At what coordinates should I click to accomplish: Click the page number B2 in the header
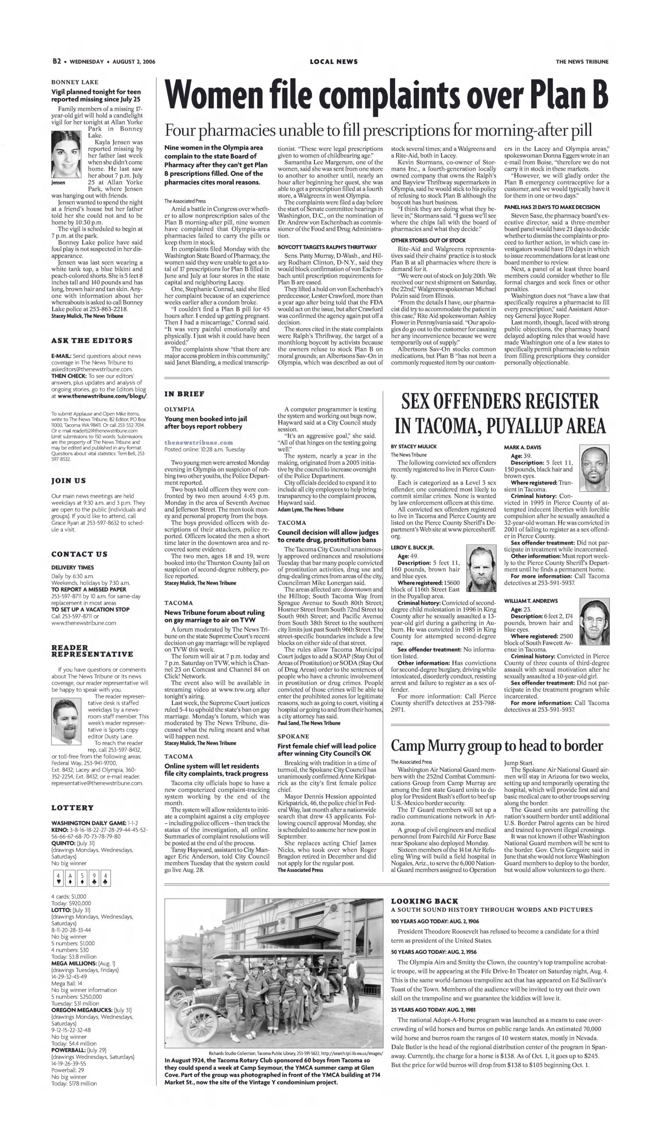56,61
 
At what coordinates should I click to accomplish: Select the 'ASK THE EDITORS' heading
92,341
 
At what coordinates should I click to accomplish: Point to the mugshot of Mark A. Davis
594,468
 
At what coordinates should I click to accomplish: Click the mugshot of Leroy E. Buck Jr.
481,567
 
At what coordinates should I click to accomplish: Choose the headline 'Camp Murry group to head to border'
497,746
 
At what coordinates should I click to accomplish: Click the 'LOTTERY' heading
73,808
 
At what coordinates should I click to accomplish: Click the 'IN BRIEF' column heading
184,394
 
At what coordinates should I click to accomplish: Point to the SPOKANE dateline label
293,736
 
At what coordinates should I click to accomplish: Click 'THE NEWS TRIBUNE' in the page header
581,62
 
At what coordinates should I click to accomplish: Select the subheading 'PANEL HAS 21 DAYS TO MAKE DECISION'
551,207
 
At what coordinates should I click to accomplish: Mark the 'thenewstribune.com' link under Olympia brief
199,442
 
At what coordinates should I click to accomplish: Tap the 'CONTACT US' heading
79,554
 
